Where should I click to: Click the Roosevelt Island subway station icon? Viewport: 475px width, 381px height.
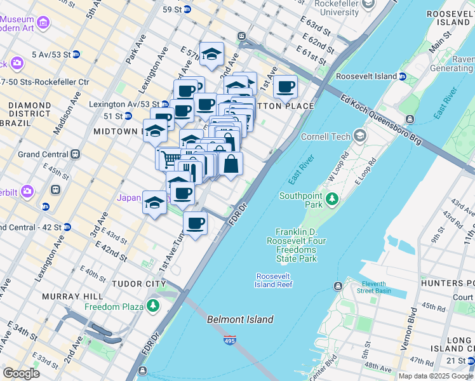coord(403,77)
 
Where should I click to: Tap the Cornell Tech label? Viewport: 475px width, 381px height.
coord(330,136)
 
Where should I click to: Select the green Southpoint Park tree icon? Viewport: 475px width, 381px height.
coord(331,200)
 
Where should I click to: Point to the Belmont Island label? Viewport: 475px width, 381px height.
coord(240,319)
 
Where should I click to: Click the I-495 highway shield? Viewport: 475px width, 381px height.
coord(230,341)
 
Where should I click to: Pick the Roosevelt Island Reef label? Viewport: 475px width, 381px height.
coord(274,280)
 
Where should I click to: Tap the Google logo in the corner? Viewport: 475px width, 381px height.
coord(21,373)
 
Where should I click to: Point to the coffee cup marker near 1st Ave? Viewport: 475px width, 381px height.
coord(285,86)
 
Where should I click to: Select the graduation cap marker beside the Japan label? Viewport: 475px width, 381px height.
coord(154,203)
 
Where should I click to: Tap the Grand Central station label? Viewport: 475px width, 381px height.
coord(43,154)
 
